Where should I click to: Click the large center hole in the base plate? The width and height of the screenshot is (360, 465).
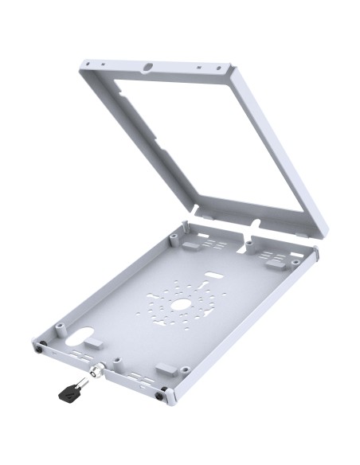tap(181, 304)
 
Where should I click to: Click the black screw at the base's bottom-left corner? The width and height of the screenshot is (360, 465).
tap(39, 346)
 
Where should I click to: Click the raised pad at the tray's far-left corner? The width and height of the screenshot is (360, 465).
tap(192, 246)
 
